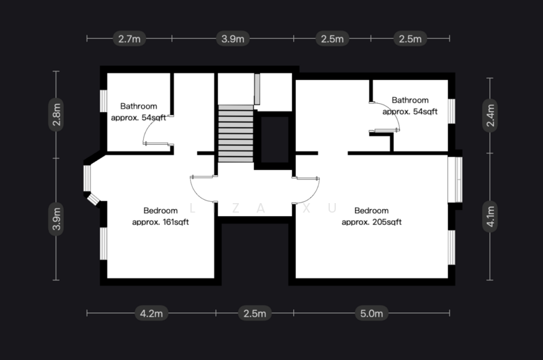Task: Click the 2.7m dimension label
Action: click(129, 39)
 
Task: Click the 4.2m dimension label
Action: click(151, 313)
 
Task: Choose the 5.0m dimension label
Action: click(373, 313)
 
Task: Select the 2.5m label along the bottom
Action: click(255, 313)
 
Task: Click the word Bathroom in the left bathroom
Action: click(138, 106)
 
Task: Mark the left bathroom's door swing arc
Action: click(151, 132)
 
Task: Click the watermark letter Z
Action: click(235, 209)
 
